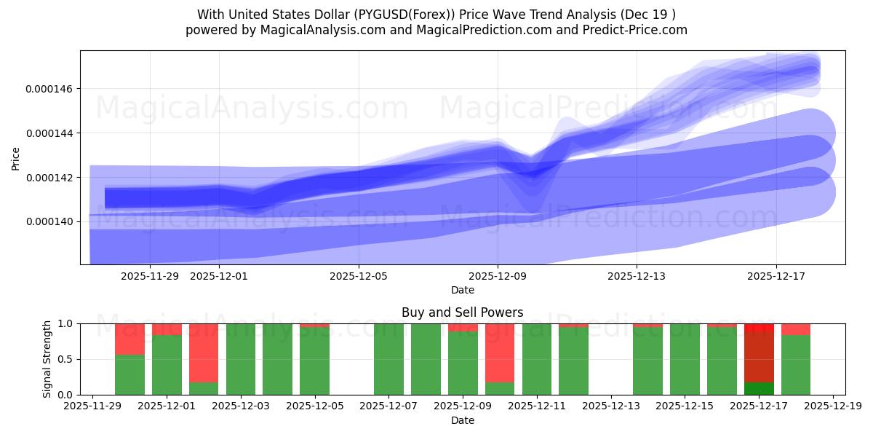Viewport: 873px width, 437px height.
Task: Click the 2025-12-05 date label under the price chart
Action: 359,276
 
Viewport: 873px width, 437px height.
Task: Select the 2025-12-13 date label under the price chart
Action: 637,276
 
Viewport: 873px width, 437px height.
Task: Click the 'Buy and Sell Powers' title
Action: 462,312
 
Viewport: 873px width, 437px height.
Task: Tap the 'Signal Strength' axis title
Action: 47,359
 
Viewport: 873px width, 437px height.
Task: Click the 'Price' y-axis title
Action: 16,157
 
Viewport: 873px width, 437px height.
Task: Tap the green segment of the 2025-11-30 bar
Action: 129,374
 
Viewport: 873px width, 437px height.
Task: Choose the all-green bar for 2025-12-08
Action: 426,359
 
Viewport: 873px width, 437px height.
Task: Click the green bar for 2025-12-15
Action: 685,359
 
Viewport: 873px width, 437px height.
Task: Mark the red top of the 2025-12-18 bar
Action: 796,329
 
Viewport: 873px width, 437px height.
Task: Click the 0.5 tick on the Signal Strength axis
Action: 67,359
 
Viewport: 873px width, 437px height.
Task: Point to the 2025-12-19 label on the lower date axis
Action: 832,406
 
